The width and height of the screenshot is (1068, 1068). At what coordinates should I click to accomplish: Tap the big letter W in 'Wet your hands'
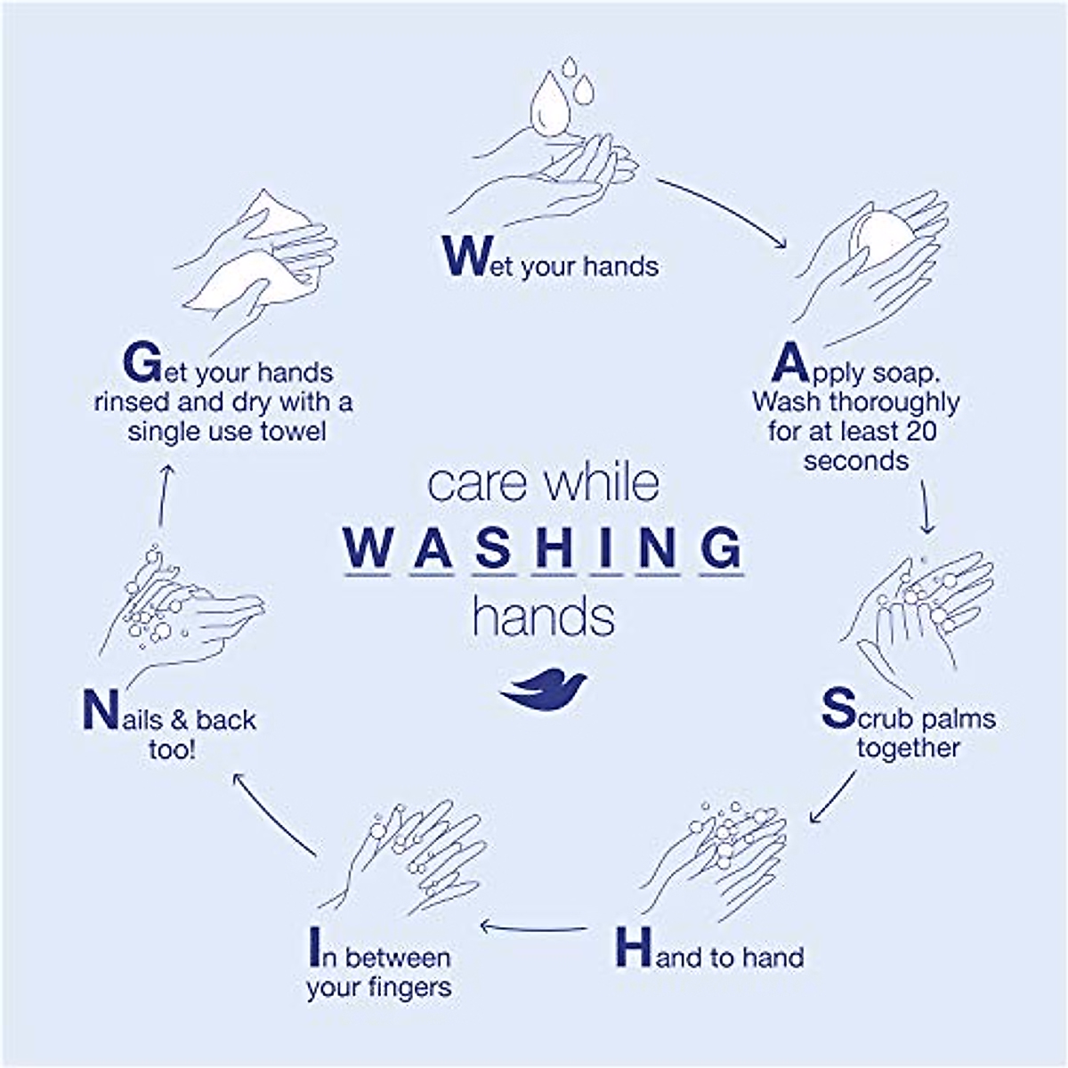[465, 255]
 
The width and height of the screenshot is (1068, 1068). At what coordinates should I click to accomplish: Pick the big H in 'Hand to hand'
[634, 948]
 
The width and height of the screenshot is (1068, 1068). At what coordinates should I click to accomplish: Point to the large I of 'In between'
[312, 948]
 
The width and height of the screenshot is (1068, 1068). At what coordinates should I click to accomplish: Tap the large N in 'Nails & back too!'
[101, 709]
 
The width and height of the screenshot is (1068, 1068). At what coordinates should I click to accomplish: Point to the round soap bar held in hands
[881, 237]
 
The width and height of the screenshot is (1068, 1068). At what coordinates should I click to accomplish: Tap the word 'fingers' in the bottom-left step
[409, 988]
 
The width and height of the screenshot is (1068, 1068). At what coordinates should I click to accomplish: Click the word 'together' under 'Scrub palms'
[908, 748]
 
